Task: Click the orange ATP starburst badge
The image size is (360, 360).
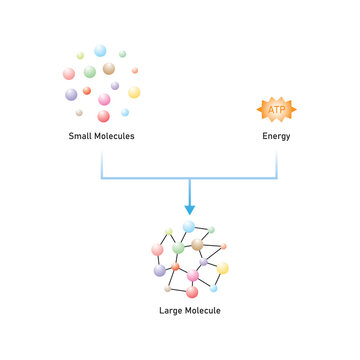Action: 276,108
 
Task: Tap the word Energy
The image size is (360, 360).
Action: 277,137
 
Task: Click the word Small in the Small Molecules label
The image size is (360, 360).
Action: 80,137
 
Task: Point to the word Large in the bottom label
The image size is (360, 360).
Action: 173,311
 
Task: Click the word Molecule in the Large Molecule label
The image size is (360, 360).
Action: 206,311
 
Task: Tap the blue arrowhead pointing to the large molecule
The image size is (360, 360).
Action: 189,210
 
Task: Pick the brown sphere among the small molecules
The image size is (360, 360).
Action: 109,68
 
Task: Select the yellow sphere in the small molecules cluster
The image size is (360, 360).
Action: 134,92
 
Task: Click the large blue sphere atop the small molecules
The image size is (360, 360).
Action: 100,50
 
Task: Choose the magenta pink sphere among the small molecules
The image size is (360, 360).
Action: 104,99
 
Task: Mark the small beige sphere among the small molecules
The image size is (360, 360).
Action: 79,112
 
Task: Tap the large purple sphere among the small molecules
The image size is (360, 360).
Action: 71,94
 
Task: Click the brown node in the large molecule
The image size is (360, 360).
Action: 197,244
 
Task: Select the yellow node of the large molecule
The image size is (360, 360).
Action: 222,268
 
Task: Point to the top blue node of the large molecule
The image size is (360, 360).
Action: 188,227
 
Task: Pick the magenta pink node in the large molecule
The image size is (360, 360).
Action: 192,275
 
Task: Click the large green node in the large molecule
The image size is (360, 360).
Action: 178,247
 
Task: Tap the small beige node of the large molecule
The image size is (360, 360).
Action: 167,288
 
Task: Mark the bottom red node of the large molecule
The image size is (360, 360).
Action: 192,292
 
